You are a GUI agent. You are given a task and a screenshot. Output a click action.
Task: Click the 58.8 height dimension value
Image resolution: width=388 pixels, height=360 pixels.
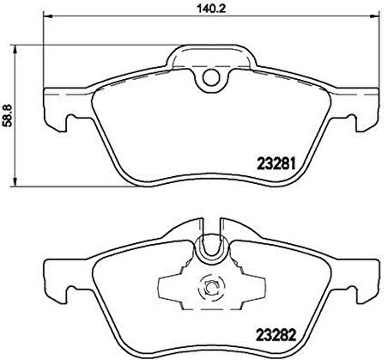(x=8, y=115)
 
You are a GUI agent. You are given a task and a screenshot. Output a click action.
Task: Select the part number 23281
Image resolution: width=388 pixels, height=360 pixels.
(x=276, y=164)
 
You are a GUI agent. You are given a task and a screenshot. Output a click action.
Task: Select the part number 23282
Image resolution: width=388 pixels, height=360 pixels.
(x=276, y=335)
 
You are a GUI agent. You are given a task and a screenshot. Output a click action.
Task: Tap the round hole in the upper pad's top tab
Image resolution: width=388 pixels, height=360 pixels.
(x=211, y=77)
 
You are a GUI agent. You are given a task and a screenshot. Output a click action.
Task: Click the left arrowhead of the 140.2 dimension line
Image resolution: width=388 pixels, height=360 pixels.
(x=47, y=16)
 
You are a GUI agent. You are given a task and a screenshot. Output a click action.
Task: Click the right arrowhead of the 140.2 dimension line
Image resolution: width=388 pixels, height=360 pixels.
(x=374, y=16)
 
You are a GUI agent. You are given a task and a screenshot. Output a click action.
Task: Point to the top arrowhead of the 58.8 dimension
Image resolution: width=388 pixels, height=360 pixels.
(x=15, y=49)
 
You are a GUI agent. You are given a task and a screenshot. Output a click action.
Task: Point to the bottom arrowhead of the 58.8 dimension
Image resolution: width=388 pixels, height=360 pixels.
(x=15, y=182)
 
